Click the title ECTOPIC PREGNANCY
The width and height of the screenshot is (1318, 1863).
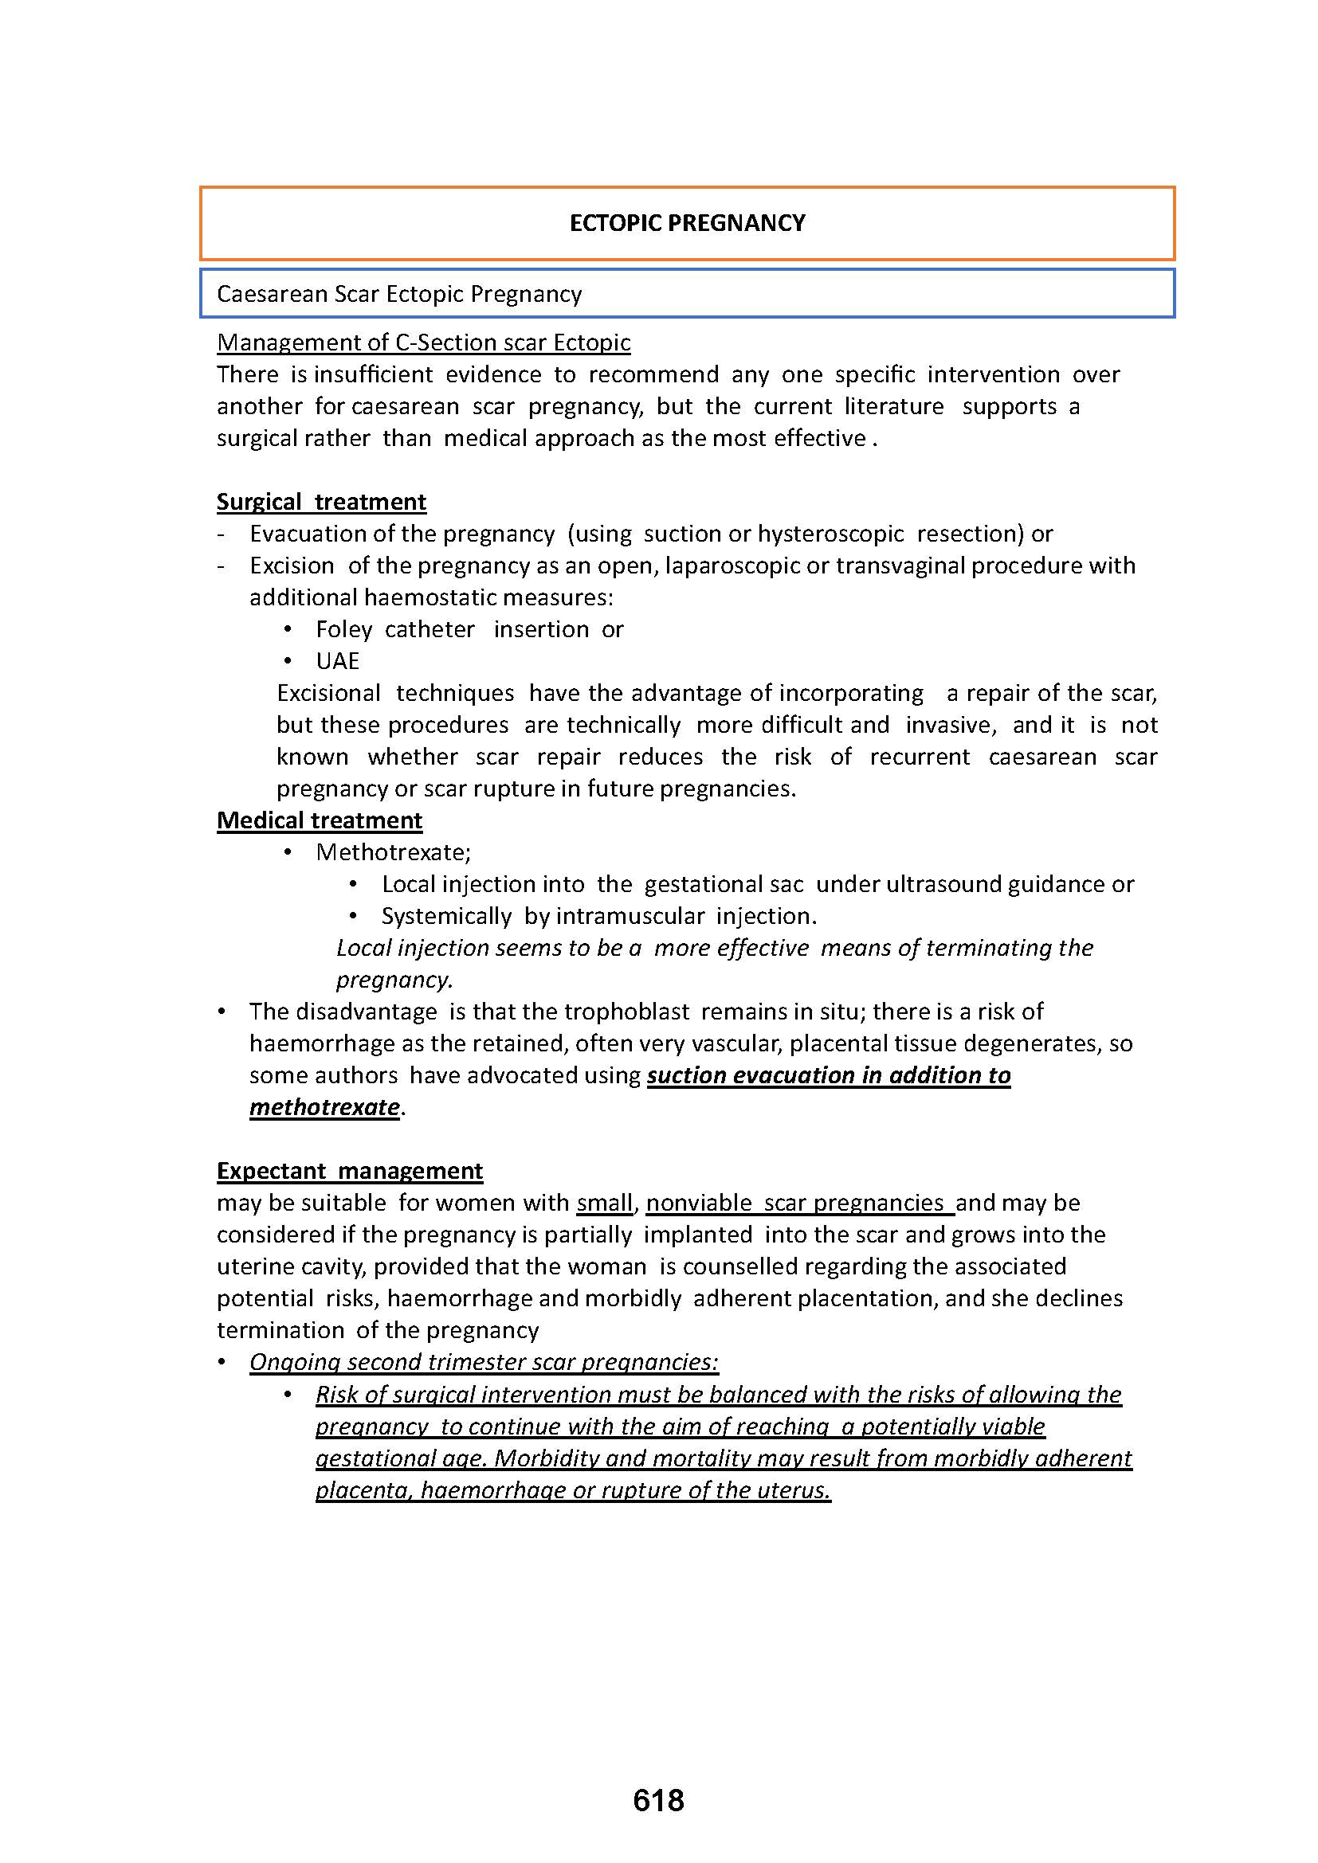tap(687, 223)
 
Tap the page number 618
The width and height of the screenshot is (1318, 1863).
tap(658, 1801)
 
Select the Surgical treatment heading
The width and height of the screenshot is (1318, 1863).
tap(320, 502)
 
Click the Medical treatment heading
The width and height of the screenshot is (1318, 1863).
tap(319, 820)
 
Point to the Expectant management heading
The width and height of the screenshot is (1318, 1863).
tap(349, 1171)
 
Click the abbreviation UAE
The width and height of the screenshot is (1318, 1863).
tap(337, 661)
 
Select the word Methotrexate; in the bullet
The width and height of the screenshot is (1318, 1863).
tap(393, 852)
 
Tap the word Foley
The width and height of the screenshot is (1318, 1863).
tap(343, 629)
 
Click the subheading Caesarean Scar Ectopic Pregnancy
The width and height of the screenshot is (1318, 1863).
tap(398, 294)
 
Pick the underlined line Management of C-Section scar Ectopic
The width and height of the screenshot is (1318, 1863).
tap(423, 342)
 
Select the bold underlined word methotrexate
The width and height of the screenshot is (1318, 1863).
tap(324, 1108)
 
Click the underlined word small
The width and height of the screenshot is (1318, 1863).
tap(604, 1203)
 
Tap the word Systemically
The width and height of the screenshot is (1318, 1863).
tap(445, 916)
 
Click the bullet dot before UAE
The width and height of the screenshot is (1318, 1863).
tap(288, 661)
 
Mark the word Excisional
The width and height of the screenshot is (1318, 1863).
tap(328, 693)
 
